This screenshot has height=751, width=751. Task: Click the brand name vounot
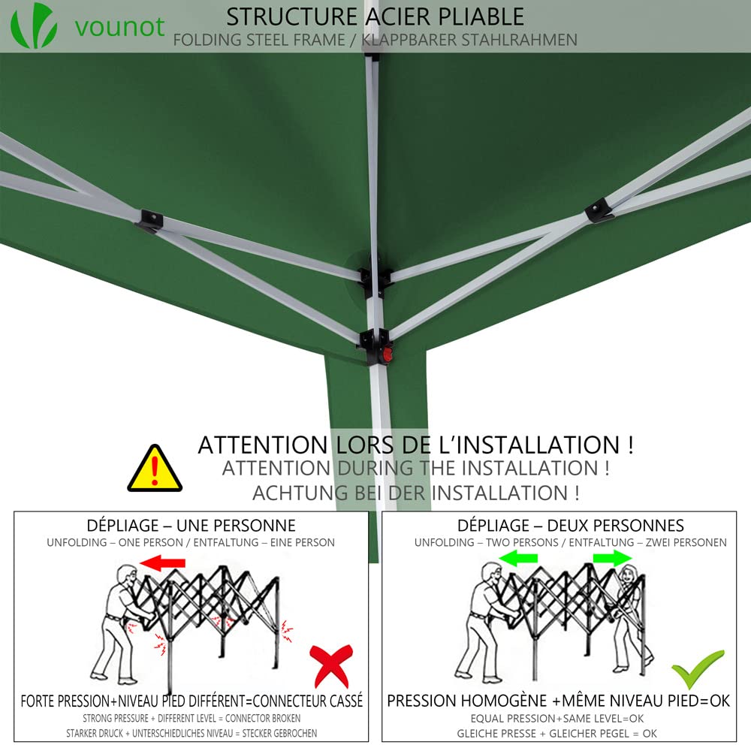[119, 26]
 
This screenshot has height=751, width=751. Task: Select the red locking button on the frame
[388, 354]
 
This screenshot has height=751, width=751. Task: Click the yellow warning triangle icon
[155, 469]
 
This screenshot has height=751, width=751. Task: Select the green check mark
[697, 668]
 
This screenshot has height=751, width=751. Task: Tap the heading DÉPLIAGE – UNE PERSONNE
[192, 526]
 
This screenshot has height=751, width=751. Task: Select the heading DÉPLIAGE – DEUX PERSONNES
[571, 526]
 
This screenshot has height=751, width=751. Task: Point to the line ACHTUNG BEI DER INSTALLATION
[415, 493]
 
